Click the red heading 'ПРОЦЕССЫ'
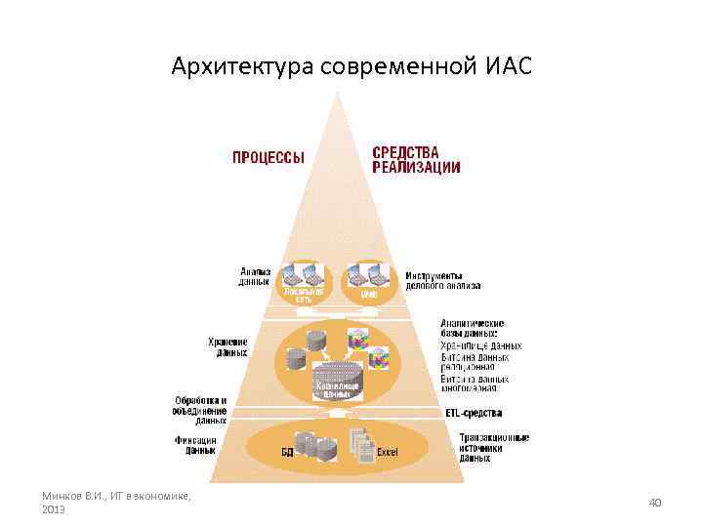point(268,157)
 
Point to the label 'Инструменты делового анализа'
point(443,281)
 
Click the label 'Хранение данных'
point(227,347)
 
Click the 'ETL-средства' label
point(474,414)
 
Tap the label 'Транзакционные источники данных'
point(494,447)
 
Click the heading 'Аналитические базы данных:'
point(473,329)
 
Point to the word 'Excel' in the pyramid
point(388,452)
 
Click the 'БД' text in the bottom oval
point(288,452)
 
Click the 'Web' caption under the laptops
point(369,294)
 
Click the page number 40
point(655,502)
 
